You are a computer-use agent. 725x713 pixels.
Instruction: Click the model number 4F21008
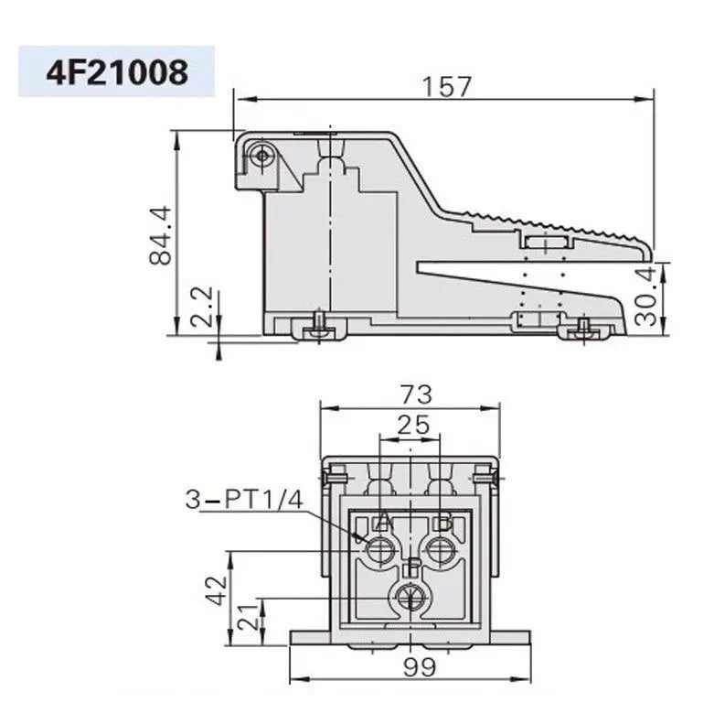116,71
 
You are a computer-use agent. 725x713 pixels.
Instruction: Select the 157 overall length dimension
447,86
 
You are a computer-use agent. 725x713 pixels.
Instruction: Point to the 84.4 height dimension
161,234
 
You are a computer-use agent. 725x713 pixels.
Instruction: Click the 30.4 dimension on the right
646,296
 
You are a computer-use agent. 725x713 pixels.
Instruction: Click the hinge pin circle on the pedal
263,156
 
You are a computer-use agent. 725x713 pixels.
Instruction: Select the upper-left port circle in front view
379,550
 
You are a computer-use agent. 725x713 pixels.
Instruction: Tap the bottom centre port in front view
410,598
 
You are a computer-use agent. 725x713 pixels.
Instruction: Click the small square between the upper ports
410,565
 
